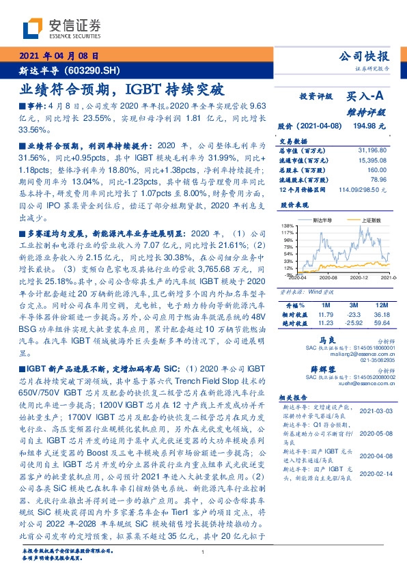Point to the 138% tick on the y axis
pos(286,225)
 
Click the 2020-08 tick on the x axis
pos(329,278)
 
